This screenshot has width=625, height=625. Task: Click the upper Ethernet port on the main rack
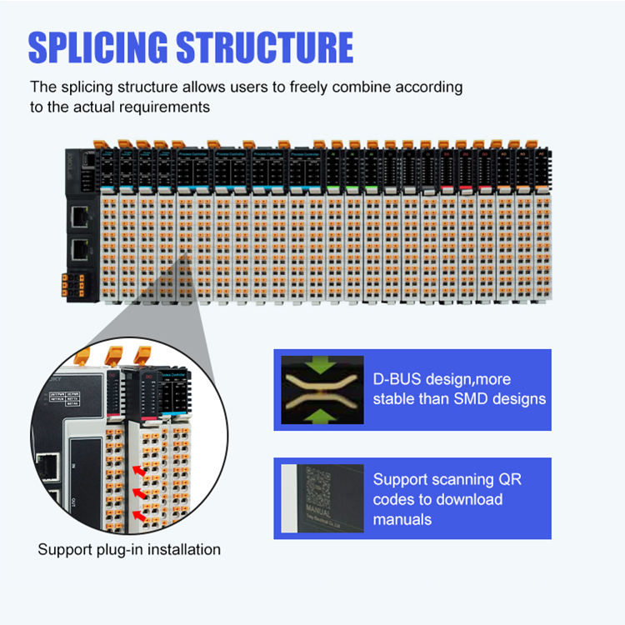tap(79, 217)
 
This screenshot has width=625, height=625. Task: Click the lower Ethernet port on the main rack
tap(79, 248)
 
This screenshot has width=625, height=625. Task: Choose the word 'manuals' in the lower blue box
tap(403, 519)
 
